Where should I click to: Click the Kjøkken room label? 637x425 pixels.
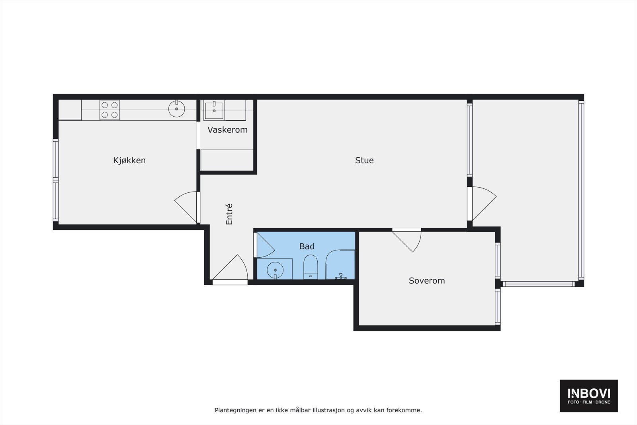tap(129, 161)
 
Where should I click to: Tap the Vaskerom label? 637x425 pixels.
tap(227, 130)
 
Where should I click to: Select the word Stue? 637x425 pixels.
tap(364, 161)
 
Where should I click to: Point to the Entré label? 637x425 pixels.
tap(229, 214)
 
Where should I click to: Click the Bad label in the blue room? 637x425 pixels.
tap(307, 247)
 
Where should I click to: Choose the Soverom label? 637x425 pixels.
tap(426, 281)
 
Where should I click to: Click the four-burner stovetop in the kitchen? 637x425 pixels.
tap(109, 110)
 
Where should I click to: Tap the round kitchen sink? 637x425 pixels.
tap(176, 109)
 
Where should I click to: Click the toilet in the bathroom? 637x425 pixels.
tap(310, 268)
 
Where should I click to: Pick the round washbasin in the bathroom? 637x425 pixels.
tap(275, 270)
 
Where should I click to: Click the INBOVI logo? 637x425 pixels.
tap(588, 396)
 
